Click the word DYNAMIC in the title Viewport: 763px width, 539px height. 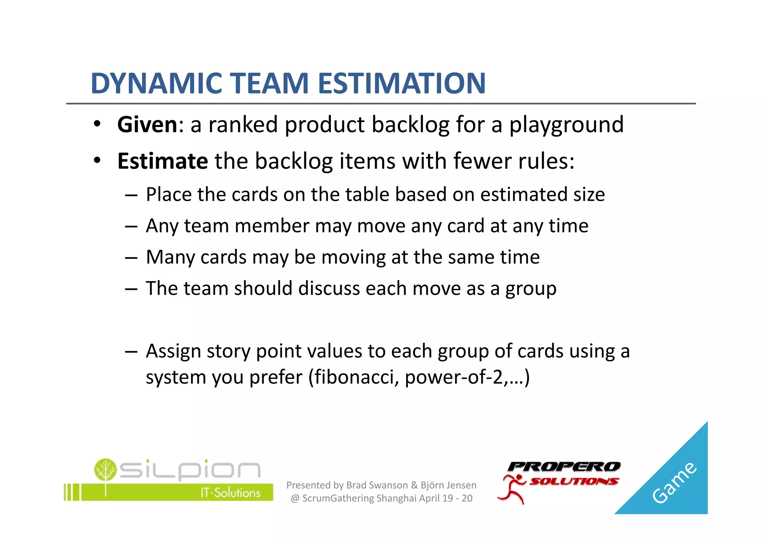click(156, 83)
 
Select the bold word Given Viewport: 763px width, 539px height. click(147, 124)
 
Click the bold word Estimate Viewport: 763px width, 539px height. click(162, 161)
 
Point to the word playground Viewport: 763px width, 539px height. click(566, 125)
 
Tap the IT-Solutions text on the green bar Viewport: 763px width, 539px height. click(230, 493)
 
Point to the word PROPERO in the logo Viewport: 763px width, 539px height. click(564, 466)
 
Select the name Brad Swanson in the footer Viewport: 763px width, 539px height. click(377, 485)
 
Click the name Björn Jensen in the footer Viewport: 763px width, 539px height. click(448, 485)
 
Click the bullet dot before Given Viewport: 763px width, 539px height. click(97, 124)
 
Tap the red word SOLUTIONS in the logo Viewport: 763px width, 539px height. click(574, 481)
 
